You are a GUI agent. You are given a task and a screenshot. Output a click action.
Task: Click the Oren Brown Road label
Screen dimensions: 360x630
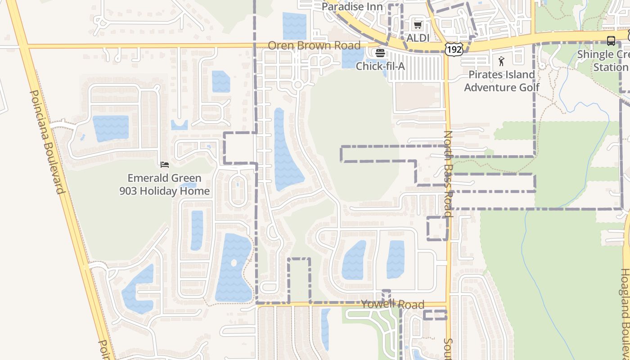coord(314,45)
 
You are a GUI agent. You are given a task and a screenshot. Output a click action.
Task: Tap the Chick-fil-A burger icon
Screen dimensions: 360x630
coord(380,53)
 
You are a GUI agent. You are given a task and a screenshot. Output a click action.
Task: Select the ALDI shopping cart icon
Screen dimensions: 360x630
coord(418,25)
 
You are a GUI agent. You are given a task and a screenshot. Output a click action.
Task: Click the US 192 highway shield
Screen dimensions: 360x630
coord(454,49)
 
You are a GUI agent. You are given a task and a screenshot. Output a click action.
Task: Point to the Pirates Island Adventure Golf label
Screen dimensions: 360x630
coord(501,81)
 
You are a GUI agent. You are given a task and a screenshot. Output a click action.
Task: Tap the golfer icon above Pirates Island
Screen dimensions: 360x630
coord(501,61)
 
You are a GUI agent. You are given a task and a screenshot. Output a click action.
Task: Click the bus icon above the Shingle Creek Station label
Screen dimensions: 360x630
coord(611,41)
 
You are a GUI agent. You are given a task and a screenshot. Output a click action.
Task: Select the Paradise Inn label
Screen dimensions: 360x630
coord(352,7)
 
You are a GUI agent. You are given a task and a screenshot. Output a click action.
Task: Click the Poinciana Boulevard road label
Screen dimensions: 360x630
coord(47,142)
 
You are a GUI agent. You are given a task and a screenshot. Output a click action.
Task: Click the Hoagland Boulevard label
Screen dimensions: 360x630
coord(625,310)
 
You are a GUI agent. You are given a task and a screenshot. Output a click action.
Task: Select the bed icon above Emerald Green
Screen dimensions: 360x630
coord(164,165)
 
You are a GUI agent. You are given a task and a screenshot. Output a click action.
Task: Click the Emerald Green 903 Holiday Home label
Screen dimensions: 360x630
coord(164,184)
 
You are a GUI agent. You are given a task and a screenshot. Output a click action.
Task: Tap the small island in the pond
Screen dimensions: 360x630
coord(233,262)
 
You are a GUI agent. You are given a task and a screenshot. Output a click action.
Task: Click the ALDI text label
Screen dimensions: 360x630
coord(418,38)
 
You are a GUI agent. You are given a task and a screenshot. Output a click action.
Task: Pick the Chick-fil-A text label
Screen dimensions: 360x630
coord(380,66)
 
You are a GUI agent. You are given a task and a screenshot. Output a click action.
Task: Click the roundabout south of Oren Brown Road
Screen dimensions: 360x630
coord(297,85)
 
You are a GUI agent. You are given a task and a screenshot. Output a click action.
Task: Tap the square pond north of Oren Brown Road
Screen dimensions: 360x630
coord(294,26)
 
